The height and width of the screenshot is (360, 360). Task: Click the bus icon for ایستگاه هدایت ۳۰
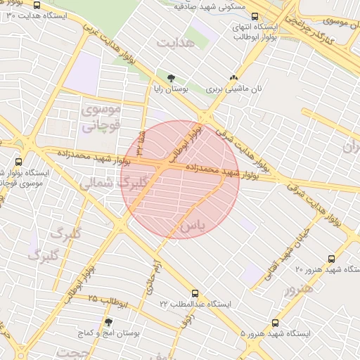click(4, 15)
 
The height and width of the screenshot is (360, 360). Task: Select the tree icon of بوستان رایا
click(171, 77)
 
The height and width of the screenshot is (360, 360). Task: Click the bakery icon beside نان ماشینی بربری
click(233, 77)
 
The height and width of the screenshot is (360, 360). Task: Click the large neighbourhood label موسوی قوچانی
click(102, 117)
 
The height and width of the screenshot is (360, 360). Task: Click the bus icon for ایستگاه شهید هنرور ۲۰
click(333, 259)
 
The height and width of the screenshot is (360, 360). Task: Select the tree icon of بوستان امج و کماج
click(108, 321)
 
